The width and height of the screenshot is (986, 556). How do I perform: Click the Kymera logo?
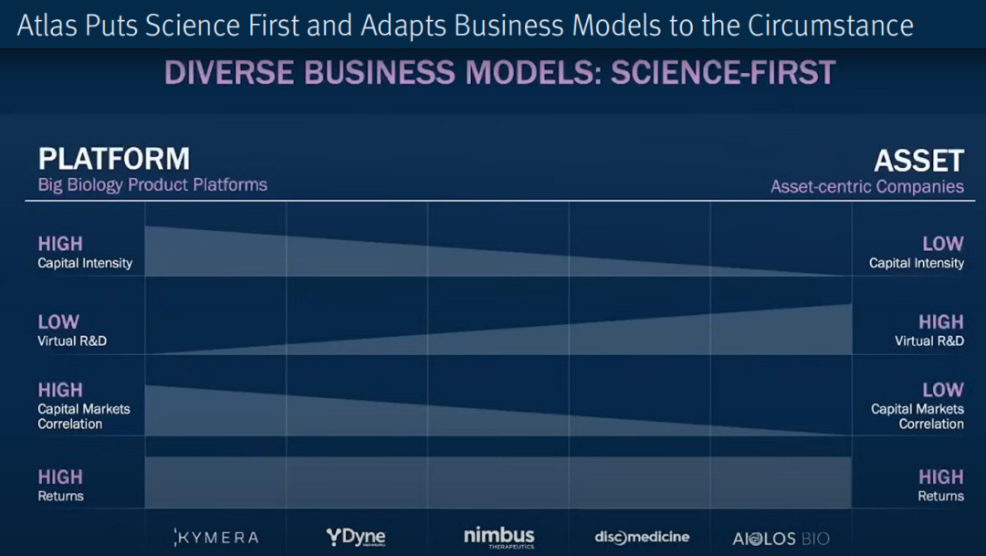click(x=215, y=538)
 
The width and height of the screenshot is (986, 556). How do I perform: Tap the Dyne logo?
click(x=356, y=537)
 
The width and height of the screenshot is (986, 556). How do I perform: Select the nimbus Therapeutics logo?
click(x=499, y=538)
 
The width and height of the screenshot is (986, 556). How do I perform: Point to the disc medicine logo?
click(x=642, y=537)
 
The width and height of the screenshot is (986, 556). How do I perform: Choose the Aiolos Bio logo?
click(x=781, y=539)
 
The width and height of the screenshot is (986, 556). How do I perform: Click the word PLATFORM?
click(x=114, y=159)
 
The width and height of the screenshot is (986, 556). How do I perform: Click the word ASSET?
click(x=918, y=161)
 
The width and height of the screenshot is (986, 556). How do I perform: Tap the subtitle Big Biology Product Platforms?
click(x=152, y=185)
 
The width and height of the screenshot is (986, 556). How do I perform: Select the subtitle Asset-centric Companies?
click(x=867, y=187)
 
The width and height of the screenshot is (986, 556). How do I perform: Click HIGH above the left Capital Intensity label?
click(x=60, y=244)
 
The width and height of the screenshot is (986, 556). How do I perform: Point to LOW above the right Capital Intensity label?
click(x=942, y=244)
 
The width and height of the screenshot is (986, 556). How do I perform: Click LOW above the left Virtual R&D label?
click(x=58, y=322)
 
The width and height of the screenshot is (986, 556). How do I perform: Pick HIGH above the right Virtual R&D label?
click(x=940, y=322)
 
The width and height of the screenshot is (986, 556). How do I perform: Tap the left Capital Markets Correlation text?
click(x=84, y=416)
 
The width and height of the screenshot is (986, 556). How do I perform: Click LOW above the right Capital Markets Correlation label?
click(x=942, y=390)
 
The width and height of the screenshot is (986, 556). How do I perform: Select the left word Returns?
click(x=60, y=497)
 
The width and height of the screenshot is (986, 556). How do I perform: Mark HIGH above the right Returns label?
click(x=940, y=477)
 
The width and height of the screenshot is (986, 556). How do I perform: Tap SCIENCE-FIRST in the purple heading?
click(x=723, y=72)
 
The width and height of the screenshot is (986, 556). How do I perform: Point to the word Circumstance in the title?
click(x=830, y=26)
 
